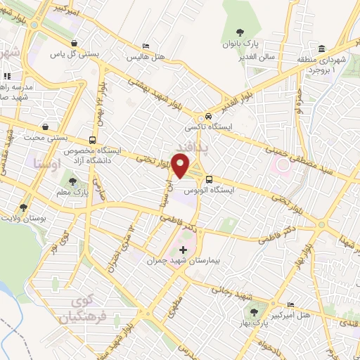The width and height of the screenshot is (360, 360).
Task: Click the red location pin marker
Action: pyautogui.click(x=181, y=167)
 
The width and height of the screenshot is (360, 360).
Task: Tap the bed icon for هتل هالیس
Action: pyautogui.click(x=145, y=46)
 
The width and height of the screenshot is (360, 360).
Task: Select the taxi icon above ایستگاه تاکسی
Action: pyautogui.click(x=208, y=117)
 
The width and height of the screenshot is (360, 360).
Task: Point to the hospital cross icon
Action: pyautogui.click(x=184, y=250)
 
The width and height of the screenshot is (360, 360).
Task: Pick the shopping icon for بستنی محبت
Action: pyautogui.click(x=46, y=127)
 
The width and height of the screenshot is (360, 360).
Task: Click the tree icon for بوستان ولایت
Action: pyautogui.click(x=24, y=207)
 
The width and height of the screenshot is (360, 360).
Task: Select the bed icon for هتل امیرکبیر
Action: pyautogui.click(x=291, y=304)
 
